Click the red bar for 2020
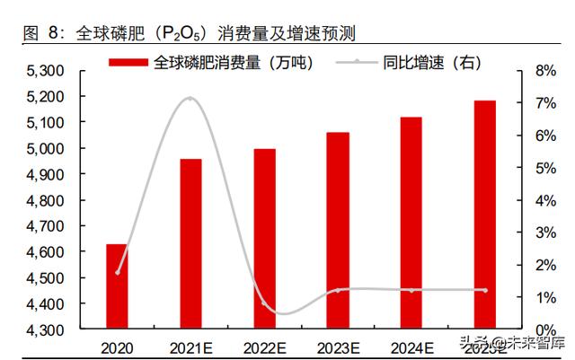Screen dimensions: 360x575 (x=117, y=286)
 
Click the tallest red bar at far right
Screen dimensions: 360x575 (x=484, y=215)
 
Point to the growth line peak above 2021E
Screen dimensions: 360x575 (x=190, y=98)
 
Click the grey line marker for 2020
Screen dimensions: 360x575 (x=117, y=272)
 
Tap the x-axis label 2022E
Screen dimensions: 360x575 (x=264, y=346)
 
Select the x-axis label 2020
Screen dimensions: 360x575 (x=117, y=346)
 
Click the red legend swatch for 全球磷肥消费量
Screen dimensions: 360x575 (x=129, y=62)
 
